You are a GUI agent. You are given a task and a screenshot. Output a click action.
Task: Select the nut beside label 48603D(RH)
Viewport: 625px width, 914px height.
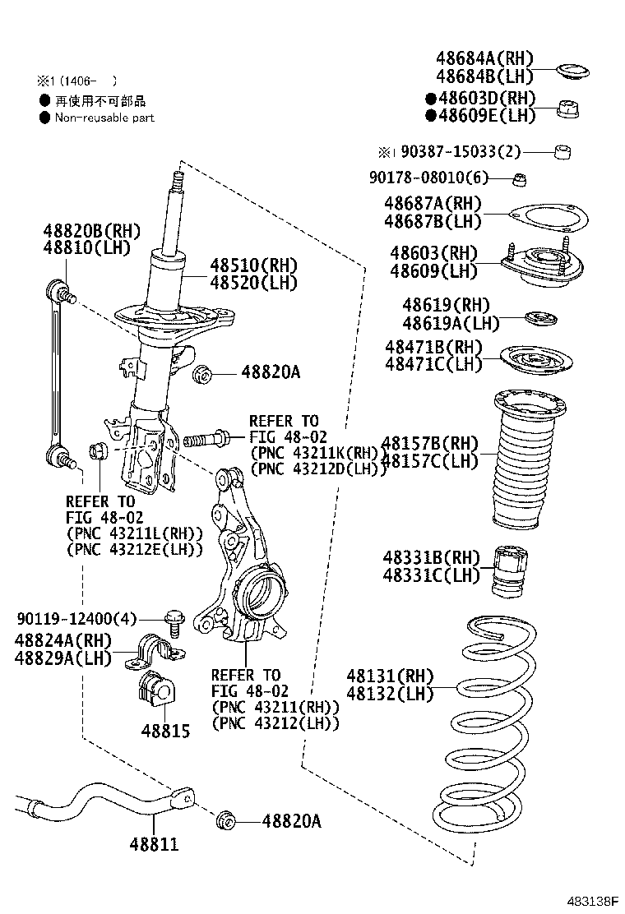(x=566, y=108)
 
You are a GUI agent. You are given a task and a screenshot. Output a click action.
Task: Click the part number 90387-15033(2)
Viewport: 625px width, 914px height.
(x=450, y=152)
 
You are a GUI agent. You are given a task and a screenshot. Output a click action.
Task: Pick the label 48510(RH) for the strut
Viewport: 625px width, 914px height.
(x=253, y=265)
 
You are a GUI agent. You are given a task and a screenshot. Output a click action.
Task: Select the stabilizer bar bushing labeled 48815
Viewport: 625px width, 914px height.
(x=154, y=687)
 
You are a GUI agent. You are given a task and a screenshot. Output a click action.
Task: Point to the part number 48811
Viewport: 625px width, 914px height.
(x=154, y=843)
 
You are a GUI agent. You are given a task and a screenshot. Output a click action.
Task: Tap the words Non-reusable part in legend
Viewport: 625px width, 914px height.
(x=104, y=118)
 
